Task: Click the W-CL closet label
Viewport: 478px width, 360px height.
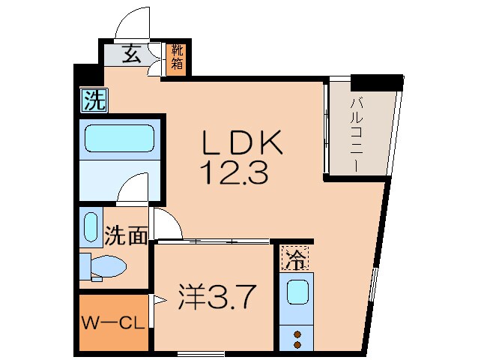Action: [x=114, y=325]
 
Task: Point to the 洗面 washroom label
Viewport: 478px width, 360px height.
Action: [x=125, y=236]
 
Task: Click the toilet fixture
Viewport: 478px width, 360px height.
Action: [x=103, y=265]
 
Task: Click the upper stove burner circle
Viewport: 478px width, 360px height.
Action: [x=297, y=334]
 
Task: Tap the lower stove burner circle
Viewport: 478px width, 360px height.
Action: [x=297, y=345]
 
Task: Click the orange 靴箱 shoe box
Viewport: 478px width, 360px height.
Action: [x=177, y=57]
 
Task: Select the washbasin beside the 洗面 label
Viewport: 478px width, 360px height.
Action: [x=91, y=229]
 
